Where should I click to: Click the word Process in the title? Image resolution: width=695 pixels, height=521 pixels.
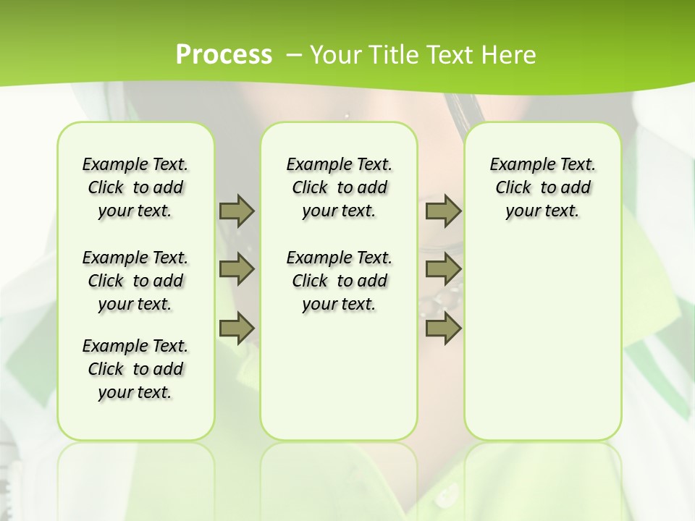224,55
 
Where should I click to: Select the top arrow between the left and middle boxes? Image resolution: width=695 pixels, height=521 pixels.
237,211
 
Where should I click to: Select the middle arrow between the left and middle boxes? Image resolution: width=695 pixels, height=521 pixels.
237,269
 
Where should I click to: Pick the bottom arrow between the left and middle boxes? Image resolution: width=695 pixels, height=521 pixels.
237,328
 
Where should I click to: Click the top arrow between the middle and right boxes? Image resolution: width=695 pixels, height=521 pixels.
443,211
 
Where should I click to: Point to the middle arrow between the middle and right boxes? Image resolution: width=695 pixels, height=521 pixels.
443,269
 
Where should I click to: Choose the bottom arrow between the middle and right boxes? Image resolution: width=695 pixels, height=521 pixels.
443,328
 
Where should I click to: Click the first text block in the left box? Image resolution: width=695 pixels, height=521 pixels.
135,187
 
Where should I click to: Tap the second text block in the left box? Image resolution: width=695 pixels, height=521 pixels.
135,281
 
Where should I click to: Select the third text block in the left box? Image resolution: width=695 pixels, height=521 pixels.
135,369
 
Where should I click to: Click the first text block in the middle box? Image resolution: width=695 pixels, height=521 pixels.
339,187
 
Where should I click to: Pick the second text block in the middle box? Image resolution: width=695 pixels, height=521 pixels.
339,281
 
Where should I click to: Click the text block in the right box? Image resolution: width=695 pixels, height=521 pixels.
542,187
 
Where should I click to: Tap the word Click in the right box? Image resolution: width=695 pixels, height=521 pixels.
513,188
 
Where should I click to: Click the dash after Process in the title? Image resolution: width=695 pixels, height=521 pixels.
294,55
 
